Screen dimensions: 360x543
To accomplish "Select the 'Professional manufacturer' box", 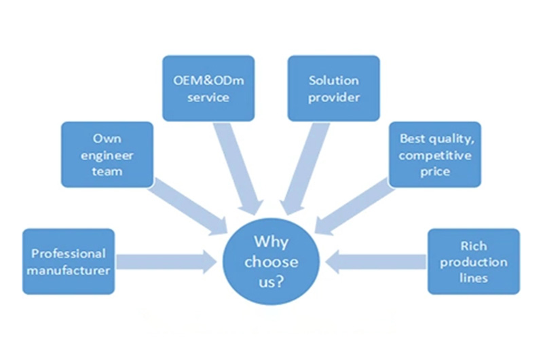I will tap(68, 262).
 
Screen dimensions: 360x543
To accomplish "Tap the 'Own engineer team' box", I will tap(106, 154).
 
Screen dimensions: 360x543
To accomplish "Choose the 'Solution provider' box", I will tap(334, 88).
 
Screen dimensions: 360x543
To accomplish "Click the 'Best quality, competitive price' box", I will tap(434, 154).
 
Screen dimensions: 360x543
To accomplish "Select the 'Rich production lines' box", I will tap(474, 262).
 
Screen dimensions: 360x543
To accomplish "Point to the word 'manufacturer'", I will tap(68, 270).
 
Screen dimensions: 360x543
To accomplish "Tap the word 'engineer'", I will tap(107, 155).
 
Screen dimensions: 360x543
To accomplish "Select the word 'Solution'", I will tap(333, 80).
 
